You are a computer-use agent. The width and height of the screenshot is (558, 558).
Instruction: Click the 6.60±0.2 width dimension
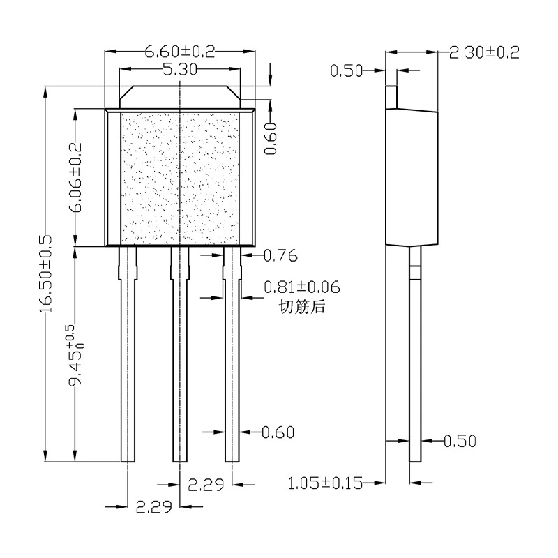coord(180,52)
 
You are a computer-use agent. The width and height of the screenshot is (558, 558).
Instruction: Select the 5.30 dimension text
coord(180,69)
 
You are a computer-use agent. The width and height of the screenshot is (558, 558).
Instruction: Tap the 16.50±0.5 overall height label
coord(46,273)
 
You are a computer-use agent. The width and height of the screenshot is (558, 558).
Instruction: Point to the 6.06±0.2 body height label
coord(75,177)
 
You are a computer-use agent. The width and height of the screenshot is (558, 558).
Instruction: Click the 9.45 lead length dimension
coord(75,355)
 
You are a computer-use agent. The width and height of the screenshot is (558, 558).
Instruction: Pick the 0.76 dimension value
coord(280,255)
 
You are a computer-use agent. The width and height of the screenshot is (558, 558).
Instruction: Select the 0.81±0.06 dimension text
coord(302,287)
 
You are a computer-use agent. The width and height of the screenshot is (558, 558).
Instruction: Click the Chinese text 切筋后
coord(302,306)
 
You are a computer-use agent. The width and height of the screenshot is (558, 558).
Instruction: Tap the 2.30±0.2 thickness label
coord(484,53)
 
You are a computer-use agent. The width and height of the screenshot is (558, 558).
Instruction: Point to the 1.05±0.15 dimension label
coord(325,483)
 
